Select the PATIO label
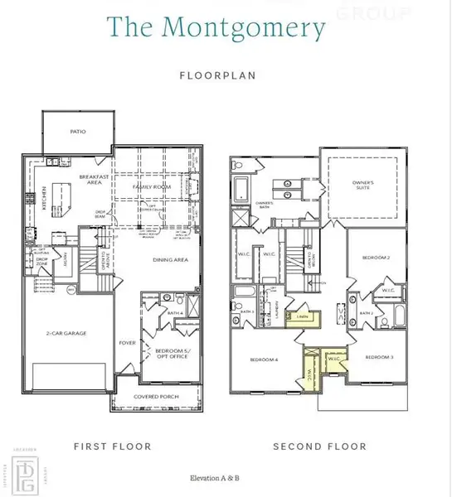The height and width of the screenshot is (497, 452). click(x=78, y=131)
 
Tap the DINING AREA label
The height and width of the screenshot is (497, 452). click(x=171, y=260)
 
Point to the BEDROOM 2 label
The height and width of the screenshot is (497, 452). click(x=376, y=258)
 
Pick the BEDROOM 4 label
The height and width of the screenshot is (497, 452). click(x=265, y=359)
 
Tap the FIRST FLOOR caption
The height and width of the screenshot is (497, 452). click(x=112, y=446)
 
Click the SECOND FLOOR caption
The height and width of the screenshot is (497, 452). click(x=318, y=446)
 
